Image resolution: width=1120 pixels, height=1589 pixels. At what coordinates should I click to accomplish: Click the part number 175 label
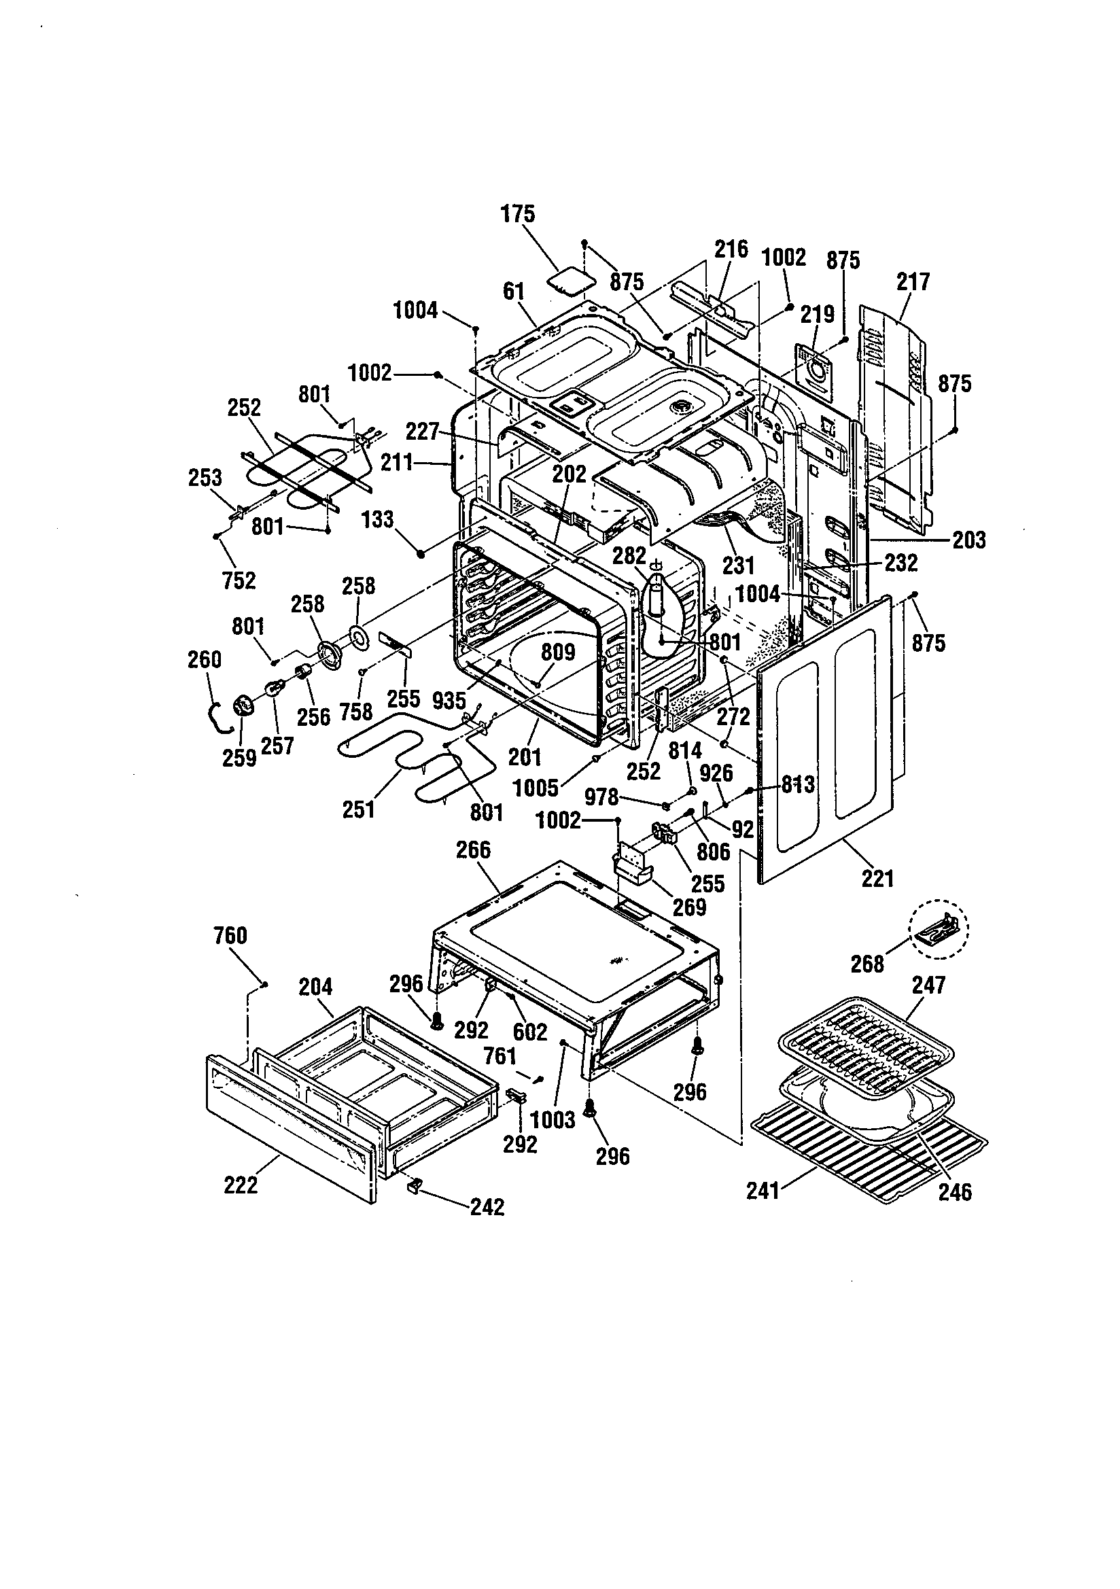[x=518, y=213]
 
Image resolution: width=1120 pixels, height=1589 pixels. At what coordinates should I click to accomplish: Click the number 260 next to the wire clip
[x=204, y=659]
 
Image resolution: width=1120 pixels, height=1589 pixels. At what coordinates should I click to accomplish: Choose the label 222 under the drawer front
[x=241, y=1185]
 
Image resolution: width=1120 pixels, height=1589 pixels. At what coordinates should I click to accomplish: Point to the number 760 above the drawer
[x=230, y=936]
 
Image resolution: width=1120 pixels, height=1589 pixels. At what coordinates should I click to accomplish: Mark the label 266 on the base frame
[x=473, y=850]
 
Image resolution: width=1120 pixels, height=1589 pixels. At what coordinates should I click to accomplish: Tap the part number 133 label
[x=378, y=519]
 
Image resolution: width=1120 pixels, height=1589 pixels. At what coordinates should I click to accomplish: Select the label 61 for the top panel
[x=514, y=292]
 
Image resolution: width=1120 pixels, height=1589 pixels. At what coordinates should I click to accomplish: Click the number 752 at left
[x=239, y=580]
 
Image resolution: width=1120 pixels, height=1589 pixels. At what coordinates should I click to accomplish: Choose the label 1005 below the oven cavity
[x=535, y=788]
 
